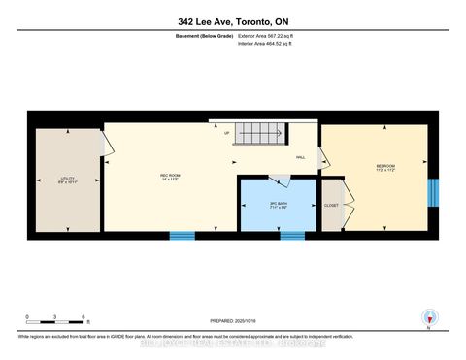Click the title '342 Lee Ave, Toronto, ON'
click(x=232, y=21)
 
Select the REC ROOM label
click(x=170, y=176)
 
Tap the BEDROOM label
click(x=385, y=168)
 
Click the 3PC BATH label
click(x=278, y=204)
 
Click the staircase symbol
click(x=264, y=135)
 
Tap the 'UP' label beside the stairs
click(x=227, y=133)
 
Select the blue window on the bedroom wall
click(x=433, y=190)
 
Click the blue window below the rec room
click(x=182, y=235)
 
